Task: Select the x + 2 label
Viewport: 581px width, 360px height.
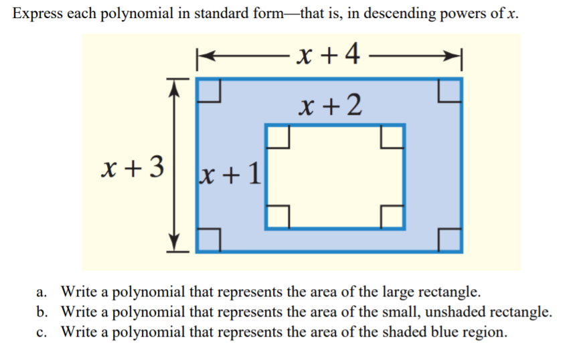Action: pyautogui.click(x=331, y=104)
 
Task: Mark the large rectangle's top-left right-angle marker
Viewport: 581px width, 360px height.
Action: pyautogui.click(x=210, y=91)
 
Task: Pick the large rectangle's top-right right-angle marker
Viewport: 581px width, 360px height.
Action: pyautogui.click(x=449, y=91)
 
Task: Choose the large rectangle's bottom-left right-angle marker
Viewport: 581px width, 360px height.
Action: pyautogui.click(x=210, y=239)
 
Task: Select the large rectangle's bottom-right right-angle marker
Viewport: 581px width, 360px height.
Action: pyautogui.click(x=449, y=239)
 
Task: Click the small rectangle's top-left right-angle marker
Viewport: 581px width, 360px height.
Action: pyautogui.click(x=278, y=137)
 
